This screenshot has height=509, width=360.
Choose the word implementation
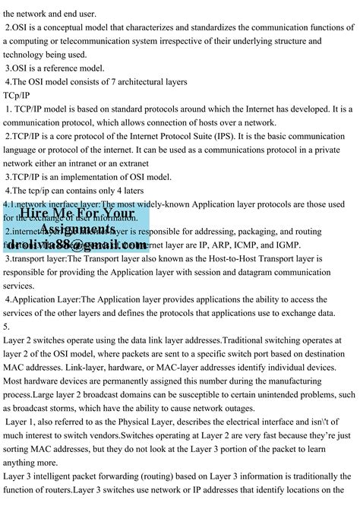coord(82,177)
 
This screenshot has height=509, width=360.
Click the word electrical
coord(235,422)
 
